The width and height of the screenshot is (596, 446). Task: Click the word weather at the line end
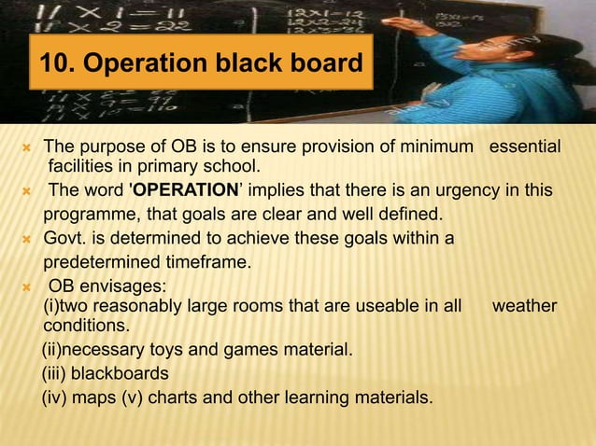(524, 306)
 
